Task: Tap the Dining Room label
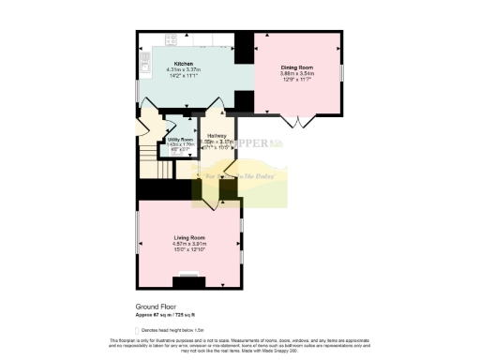[x=296, y=67]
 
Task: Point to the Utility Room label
[x=180, y=139]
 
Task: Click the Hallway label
[x=217, y=136]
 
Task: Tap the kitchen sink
[x=145, y=63]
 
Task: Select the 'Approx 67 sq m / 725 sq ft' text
[x=168, y=314]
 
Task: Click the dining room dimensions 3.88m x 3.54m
[x=296, y=74]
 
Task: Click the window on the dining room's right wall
[x=341, y=71]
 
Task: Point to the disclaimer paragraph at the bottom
[x=240, y=345]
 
